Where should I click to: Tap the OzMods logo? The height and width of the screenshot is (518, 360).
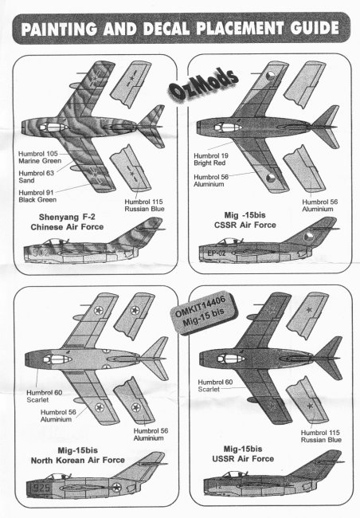pyautogui.click(x=203, y=84)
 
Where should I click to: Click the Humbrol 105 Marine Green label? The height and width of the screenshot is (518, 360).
pyautogui.click(x=39, y=157)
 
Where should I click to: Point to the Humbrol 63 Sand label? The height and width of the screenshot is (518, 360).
pyautogui.click(x=36, y=177)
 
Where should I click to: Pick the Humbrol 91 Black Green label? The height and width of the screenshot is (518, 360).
pyautogui.click(x=37, y=196)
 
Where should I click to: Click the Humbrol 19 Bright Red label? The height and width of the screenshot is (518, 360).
pyautogui.click(x=211, y=159)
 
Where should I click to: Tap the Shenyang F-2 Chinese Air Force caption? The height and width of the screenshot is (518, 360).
pyautogui.click(x=67, y=222)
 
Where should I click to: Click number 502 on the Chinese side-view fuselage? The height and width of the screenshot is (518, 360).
pyautogui.click(x=41, y=253)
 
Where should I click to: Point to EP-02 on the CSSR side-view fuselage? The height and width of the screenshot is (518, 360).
pyautogui.click(x=217, y=253)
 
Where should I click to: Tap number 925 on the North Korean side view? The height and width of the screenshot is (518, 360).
pyautogui.click(x=41, y=488)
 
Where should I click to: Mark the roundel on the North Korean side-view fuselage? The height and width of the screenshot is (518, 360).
pyautogui.click(x=116, y=487)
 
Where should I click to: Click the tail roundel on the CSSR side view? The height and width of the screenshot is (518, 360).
pyautogui.click(x=308, y=237)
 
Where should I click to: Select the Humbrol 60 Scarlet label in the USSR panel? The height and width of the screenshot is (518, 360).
pyautogui.click(x=215, y=386)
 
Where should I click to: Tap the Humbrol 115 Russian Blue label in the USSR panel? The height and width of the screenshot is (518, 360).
pyautogui.click(x=321, y=436)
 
